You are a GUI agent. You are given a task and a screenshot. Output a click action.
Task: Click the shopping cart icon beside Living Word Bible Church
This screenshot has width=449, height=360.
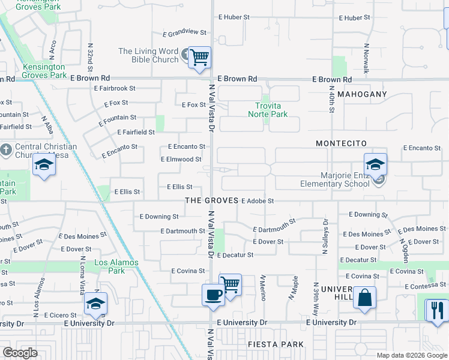click(x=200, y=58)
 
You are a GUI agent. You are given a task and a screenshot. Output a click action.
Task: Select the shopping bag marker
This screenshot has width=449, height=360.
click(x=364, y=298)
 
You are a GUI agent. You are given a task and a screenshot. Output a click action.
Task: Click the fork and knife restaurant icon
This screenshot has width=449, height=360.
click(x=436, y=310)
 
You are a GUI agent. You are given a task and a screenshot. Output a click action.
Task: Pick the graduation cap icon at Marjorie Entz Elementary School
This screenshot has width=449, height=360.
click(x=375, y=164)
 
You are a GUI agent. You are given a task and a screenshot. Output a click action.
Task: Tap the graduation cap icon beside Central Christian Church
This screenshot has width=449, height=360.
click(x=44, y=164)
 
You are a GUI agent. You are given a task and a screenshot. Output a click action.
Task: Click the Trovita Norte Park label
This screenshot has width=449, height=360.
click(x=268, y=110)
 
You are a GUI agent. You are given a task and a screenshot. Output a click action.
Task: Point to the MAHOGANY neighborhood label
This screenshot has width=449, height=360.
click(x=363, y=95)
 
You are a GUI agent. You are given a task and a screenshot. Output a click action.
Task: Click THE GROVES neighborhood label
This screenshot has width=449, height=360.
click(x=212, y=200)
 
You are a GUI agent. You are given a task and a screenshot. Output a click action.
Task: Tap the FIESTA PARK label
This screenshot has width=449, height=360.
click(x=276, y=344)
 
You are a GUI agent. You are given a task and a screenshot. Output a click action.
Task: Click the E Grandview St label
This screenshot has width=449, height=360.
click(x=187, y=32)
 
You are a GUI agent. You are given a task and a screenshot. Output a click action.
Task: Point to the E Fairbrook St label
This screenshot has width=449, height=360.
click(x=115, y=88)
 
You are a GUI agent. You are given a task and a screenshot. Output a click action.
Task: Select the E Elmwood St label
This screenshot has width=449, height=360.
click(x=181, y=160)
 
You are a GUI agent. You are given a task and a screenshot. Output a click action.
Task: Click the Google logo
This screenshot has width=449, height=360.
click(x=20, y=353)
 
